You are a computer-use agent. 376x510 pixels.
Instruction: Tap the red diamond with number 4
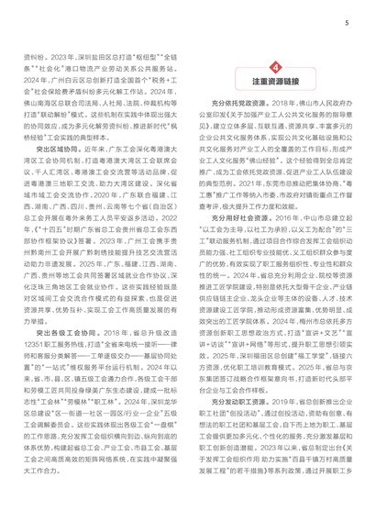pyautogui.click(x=276, y=71)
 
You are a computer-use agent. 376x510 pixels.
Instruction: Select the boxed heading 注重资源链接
pyautogui.click(x=276, y=87)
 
